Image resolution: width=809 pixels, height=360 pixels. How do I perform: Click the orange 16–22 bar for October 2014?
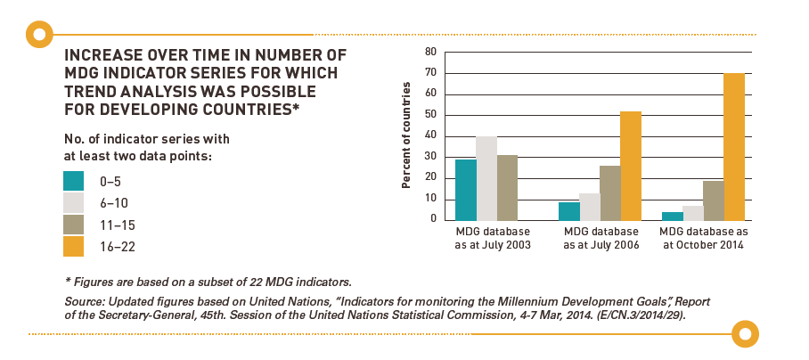click(734, 146)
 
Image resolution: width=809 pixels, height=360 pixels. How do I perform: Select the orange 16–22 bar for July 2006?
click(630, 166)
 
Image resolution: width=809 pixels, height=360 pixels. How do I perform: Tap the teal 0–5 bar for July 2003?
click(465, 189)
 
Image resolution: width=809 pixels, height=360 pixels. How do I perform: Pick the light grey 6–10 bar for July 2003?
click(486, 178)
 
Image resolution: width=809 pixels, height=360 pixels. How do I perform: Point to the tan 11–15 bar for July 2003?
click(507, 187)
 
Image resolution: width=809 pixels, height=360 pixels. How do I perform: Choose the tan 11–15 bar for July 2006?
click(609, 192)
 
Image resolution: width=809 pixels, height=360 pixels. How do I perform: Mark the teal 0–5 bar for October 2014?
click(672, 216)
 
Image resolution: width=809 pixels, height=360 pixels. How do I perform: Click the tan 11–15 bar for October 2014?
click(713, 200)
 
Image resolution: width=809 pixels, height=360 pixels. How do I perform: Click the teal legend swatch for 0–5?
click(74, 181)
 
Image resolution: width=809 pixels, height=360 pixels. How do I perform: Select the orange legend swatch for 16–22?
click(74, 246)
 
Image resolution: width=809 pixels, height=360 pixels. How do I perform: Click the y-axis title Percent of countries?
click(406, 135)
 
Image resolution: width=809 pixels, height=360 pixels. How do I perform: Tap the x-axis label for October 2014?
click(703, 238)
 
